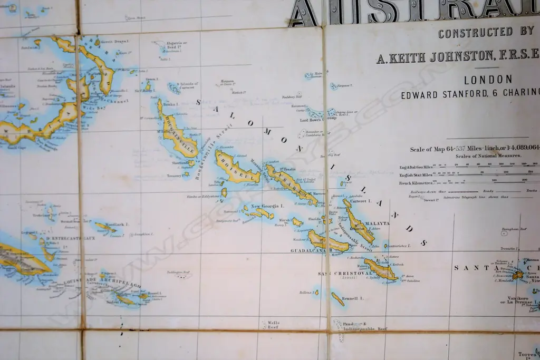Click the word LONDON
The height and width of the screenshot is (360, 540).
click(488, 80)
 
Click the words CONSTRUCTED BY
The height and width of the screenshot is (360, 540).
click(486, 33)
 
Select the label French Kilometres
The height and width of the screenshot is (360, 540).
click(416, 182)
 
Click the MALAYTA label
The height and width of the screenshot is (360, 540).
click(377, 223)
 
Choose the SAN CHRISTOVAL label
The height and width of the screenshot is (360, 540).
click(339, 274)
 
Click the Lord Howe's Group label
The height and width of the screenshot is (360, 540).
click(318, 120)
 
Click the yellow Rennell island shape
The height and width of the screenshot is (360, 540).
click(337, 299)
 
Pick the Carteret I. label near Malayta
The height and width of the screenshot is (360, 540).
click(362, 201)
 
